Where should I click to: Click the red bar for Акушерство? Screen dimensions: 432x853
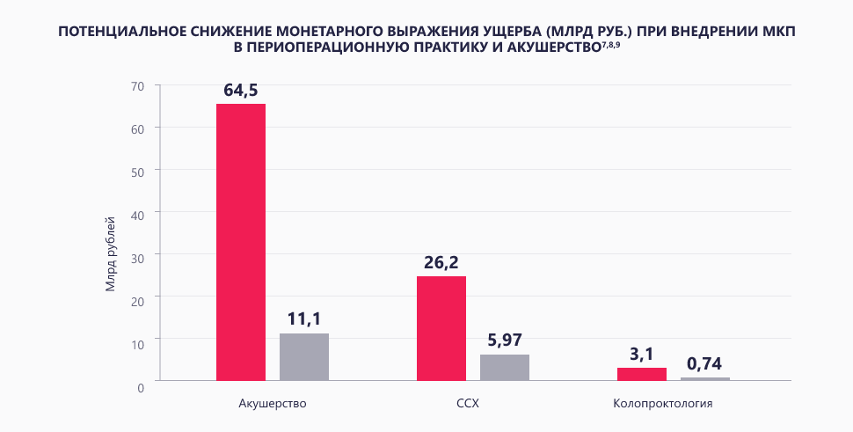click(x=241, y=242)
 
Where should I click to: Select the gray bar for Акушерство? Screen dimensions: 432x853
click(x=304, y=357)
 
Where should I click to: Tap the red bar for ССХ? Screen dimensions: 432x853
click(x=441, y=328)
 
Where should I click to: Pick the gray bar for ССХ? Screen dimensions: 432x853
click(x=505, y=368)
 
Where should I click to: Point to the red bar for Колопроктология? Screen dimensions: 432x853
click(x=642, y=374)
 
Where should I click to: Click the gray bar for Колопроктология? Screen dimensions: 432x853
click(x=705, y=378)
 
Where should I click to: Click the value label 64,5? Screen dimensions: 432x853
click(x=241, y=90)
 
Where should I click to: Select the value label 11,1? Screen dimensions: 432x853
click(x=304, y=319)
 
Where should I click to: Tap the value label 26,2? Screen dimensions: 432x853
click(x=441, y=262)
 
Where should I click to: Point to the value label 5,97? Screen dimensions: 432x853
click(x=505, y=340)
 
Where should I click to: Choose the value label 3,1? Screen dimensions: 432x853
click(x=642, y=354)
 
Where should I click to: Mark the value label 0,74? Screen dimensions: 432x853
click(x=705, y=363)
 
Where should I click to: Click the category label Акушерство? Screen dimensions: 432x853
click(x=272, y=404)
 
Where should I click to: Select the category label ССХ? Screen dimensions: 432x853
click(x=473, y=404)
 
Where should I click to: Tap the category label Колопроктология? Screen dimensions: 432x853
click(x=674, y=404)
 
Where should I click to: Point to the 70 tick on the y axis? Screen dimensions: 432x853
click(x=136, y=85)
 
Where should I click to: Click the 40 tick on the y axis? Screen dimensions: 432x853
click(x=136, y=212)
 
